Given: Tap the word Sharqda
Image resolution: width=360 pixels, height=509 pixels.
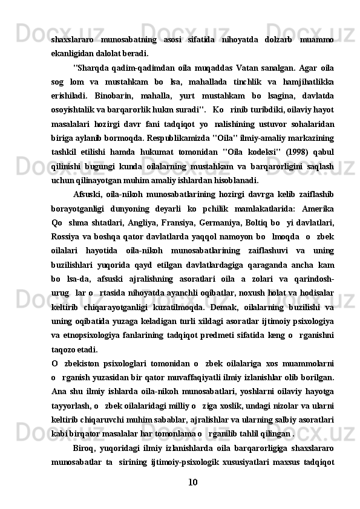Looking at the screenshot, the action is pos(92,66).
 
